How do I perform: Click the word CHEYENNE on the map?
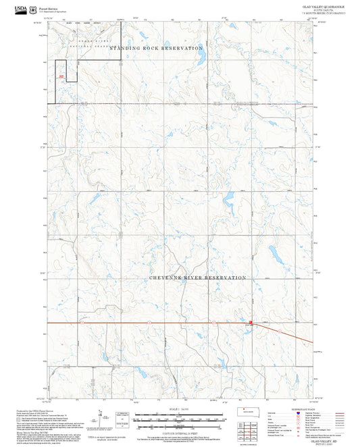point(166,278)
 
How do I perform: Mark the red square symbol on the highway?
point(251,323)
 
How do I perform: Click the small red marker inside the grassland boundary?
point(61,76)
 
